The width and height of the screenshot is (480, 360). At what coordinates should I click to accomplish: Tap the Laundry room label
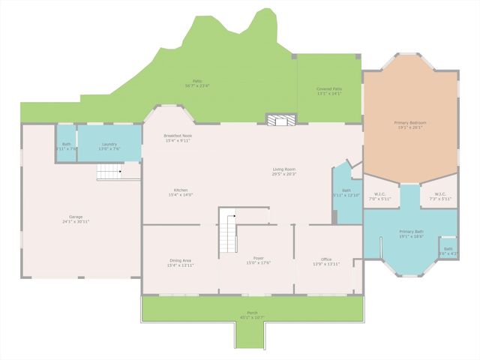[x=109, y=145]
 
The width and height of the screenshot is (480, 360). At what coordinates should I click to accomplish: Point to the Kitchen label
[x=181, y=190]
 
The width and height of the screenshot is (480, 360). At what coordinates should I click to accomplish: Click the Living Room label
[x=284, y=169]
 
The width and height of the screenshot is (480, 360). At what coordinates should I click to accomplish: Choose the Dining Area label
[x=180, y=260]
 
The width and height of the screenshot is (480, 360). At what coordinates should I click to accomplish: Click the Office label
[x=326, y=259]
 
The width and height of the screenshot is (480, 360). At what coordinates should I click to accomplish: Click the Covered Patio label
[x=329, y=89]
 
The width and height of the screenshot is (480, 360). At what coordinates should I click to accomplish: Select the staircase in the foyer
[x=229, y=232]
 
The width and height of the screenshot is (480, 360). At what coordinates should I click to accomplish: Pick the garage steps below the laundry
[x=109, y=173]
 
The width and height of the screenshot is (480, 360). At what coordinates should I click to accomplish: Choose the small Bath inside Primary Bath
[x=448, y=251]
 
